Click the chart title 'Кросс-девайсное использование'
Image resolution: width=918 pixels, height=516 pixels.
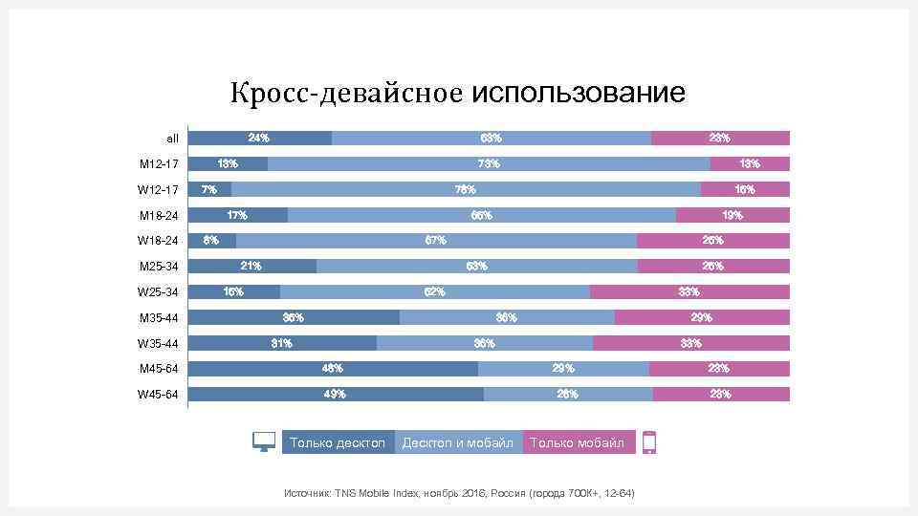(x=457, y=94)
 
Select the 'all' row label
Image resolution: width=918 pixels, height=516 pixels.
(x=172, y=139)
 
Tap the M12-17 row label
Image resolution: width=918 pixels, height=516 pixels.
(x=159, y=163)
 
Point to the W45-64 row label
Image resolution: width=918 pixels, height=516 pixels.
(x=159, y=394)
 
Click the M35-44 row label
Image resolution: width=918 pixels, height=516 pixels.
(x=159, y=317)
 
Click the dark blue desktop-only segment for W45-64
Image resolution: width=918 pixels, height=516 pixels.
(x=336, y=394)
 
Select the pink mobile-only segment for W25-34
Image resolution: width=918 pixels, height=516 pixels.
(x=689, y=291)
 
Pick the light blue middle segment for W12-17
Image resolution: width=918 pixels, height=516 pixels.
(x=466, y=189)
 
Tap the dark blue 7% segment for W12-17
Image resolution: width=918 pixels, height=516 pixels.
(x=210, y=189)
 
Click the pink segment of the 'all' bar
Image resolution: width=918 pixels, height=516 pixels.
(x=720, y=138)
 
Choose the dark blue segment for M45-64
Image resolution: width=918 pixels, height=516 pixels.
(x=333, y=368)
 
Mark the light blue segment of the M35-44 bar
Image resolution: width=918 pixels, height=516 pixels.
(x=507, y=317)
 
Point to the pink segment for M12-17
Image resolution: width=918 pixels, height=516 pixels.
(x=750, y=163)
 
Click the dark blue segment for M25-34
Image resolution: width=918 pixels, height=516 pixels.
(x=252, y=266)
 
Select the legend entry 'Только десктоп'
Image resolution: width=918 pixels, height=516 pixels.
(x=338, y=442)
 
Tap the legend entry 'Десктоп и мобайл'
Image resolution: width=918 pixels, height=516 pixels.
(x=458, y=442)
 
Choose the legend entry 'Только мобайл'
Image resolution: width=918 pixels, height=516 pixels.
(x=578, y=442)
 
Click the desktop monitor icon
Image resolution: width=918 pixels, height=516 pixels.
(x=264, y=441)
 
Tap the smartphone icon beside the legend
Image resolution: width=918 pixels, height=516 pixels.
(x=649, y=442)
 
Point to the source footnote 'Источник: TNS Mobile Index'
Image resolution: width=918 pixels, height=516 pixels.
(x=459, y=493)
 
